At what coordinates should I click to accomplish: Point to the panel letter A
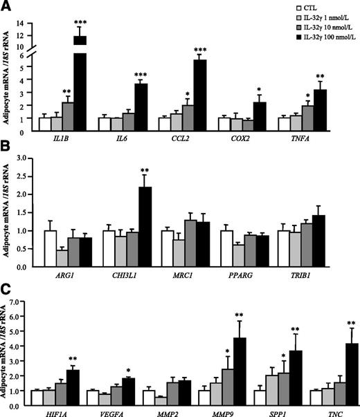pyautogui.click(x=6, y=6)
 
